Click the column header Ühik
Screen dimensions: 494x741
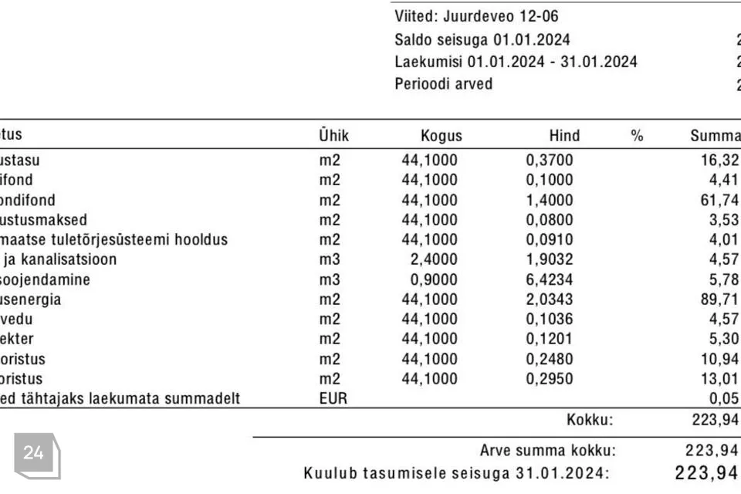point(333,136)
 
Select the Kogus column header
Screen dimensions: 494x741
point(441,136)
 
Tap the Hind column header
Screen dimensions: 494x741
point(564,136)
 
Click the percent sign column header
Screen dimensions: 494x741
point(637,136)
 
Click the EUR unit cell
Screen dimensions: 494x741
point(333,399)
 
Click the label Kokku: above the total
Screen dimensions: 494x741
point(590,420)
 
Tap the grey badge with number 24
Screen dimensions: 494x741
point(34,454)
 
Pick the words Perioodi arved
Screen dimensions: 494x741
point(443,84)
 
